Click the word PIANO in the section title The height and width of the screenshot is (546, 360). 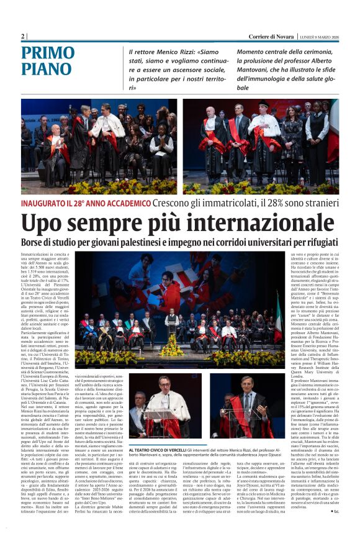tap(47, 70)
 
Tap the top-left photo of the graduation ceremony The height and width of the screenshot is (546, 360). tap(99, 147)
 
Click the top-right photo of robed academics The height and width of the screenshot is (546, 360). tap(260, 147)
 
